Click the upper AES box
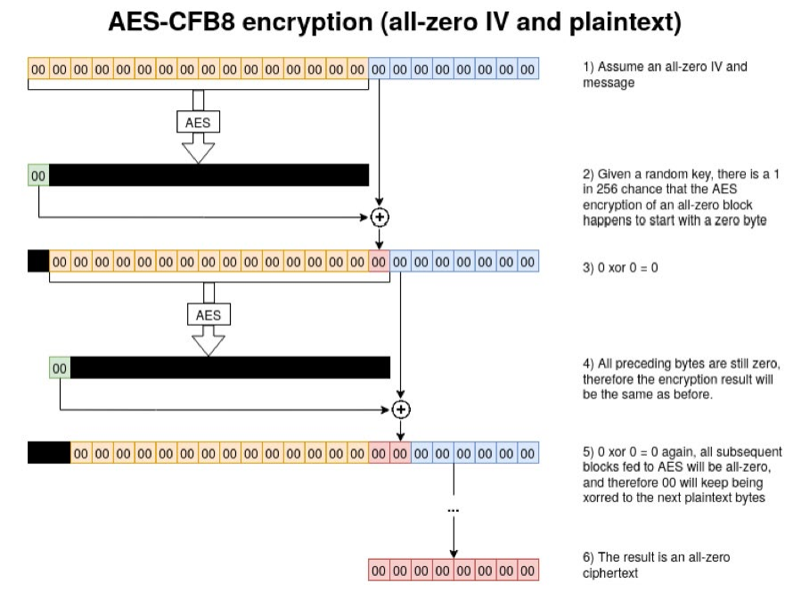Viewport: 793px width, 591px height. [x=198, y=122]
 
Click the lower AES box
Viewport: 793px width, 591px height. [x=208, y=314]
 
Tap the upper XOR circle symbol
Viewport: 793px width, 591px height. [x=380, y=217]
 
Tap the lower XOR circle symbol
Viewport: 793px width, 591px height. [x=401, y=409]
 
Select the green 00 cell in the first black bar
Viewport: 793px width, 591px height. [x=38, y=175]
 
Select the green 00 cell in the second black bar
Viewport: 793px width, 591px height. [x=60, y=368]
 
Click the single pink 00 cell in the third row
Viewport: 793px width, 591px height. [x=379, y=262]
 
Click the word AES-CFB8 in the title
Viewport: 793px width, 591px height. [x=171, y=21]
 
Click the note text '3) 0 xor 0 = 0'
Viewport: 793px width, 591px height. [x=620, y=268]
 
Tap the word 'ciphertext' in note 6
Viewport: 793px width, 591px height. [x=610, y=573]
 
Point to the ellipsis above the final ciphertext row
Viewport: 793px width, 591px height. [x=454, y=511]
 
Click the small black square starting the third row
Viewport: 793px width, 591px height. [x=38, y=262]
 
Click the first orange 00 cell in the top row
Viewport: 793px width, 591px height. [x=38, y=69]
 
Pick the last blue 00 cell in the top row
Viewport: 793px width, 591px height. [x=527, y=69]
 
